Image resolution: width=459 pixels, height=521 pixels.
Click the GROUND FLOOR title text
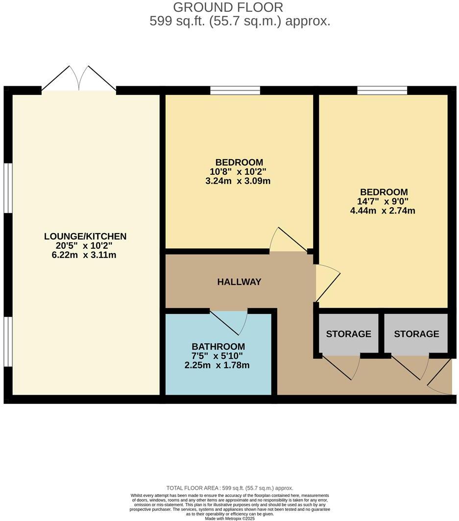[228, 7]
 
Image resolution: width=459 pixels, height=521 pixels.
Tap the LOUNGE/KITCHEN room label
[85, 237]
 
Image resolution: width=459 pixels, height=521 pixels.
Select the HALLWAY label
[239, 282]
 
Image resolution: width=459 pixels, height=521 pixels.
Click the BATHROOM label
[218, 347]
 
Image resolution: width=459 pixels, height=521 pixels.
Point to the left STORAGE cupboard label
[348, 334]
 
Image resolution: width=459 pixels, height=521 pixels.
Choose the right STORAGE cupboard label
[416, 334]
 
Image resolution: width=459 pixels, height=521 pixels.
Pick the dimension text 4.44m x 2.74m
[384, 211]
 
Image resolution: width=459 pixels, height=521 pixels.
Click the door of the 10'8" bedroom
[289, 241]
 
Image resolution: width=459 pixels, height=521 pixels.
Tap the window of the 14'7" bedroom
[382, 90]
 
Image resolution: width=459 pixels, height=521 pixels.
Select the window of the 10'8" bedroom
[235, 90]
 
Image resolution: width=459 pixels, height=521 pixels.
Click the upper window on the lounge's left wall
[8, 188]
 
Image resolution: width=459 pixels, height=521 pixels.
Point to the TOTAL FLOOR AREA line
[229, 488]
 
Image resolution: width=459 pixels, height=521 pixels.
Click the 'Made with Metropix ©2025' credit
[229, 518]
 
